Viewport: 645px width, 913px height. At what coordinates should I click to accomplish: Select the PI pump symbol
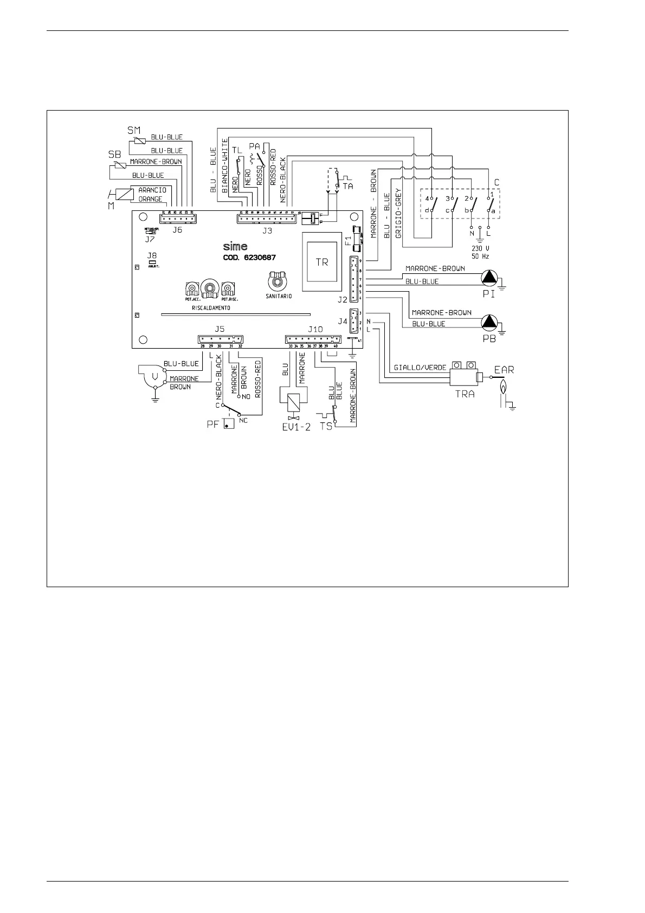(x=489, y=278)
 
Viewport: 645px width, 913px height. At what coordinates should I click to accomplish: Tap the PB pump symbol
(x=489, y=322)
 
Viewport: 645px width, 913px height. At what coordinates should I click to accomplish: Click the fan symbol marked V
(x=155, y=375)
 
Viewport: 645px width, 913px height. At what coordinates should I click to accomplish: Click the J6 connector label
(x=177, y=230)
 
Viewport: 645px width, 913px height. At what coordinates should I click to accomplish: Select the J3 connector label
(x=267, y=230)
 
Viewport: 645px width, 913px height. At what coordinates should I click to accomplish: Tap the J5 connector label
(x=220, y=329)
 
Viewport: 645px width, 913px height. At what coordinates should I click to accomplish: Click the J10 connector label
(x=315, y=329)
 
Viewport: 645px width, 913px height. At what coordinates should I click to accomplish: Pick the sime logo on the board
(x=235, y=247)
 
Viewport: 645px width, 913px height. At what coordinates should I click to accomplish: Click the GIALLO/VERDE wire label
(x=420, y=368)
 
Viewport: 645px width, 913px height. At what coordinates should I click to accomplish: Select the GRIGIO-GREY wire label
(x=398, y=217)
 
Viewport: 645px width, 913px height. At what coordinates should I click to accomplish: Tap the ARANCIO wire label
(x=152, y=190)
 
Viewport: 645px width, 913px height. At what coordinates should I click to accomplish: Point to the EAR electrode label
(x=504, y=370)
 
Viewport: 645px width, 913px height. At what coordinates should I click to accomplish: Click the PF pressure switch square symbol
(x=228, y=423)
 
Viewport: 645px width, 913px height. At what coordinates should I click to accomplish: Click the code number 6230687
(x=259, y=258)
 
